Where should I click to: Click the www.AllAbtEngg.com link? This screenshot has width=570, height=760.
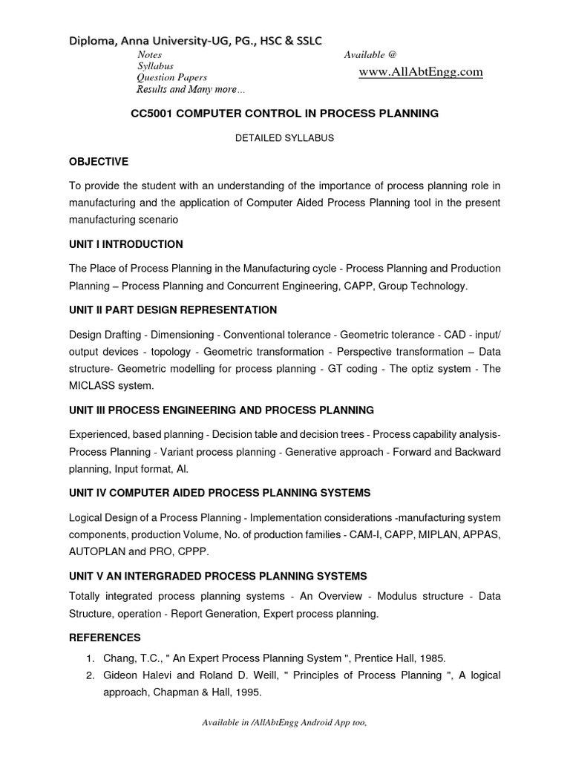point(420,72)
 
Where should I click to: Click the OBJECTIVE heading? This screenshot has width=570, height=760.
point(99,161)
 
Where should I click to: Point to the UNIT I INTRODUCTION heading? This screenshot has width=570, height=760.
point(125,244)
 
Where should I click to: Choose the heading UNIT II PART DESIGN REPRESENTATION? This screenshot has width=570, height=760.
point(173,309)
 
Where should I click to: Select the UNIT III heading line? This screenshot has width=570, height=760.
point(221,410)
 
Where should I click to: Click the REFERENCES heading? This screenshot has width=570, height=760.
point(105,638)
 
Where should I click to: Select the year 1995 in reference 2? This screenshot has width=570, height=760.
point(247,692)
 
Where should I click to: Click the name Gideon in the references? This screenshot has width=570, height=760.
point(120,675)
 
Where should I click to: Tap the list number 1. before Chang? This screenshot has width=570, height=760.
point(89,658)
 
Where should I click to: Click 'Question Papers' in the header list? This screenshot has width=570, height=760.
point(171,77)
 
